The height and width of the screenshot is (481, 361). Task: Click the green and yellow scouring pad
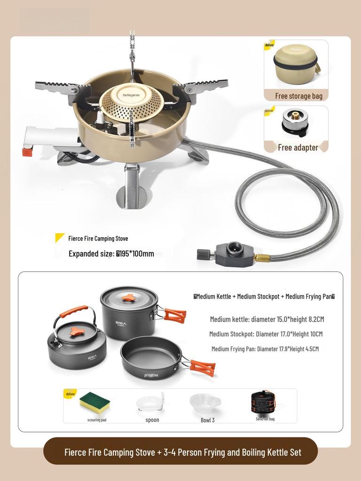pyautogui.click(x=94, y=401)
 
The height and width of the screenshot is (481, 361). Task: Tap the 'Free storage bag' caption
pyautogui.click(x=298, y=96)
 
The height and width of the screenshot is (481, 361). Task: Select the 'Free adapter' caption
pyautogui.click(x=298, y=147)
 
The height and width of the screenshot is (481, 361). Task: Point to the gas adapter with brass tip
pyautogui.click(x=295, y=123)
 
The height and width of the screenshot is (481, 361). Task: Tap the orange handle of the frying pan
pyautogui.click(x=202, y=367)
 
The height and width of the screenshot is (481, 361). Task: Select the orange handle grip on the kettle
pyautogui.click(x=74, y=311)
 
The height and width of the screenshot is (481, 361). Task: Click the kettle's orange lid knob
pyautogui.click(x=77, y=331)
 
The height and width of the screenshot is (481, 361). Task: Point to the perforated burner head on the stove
pyautogui.click(x=131, y=102)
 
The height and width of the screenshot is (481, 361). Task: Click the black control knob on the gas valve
pyautogui.click(x=203, y=255)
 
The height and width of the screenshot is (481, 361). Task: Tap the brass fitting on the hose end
pyautogui.click(x=262, y=258)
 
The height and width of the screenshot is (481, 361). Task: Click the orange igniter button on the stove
pyautogui.click(x=27, y=152)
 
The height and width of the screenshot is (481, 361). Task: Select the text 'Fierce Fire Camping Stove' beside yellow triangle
pyautogui.click(x=98, y=239)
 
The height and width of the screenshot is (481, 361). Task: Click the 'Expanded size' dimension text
pyautogui.click(x=111, y=254)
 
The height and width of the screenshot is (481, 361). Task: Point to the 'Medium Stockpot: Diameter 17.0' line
pyautogui.click(x=266, y=334)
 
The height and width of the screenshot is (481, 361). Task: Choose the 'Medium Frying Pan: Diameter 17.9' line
pyautogui.click(x=265, y=349)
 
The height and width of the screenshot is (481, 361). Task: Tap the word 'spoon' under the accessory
pyautogui.click(x=152, y=420)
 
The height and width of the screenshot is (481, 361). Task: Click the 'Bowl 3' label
pyautogui.click(x=207, y=420)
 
